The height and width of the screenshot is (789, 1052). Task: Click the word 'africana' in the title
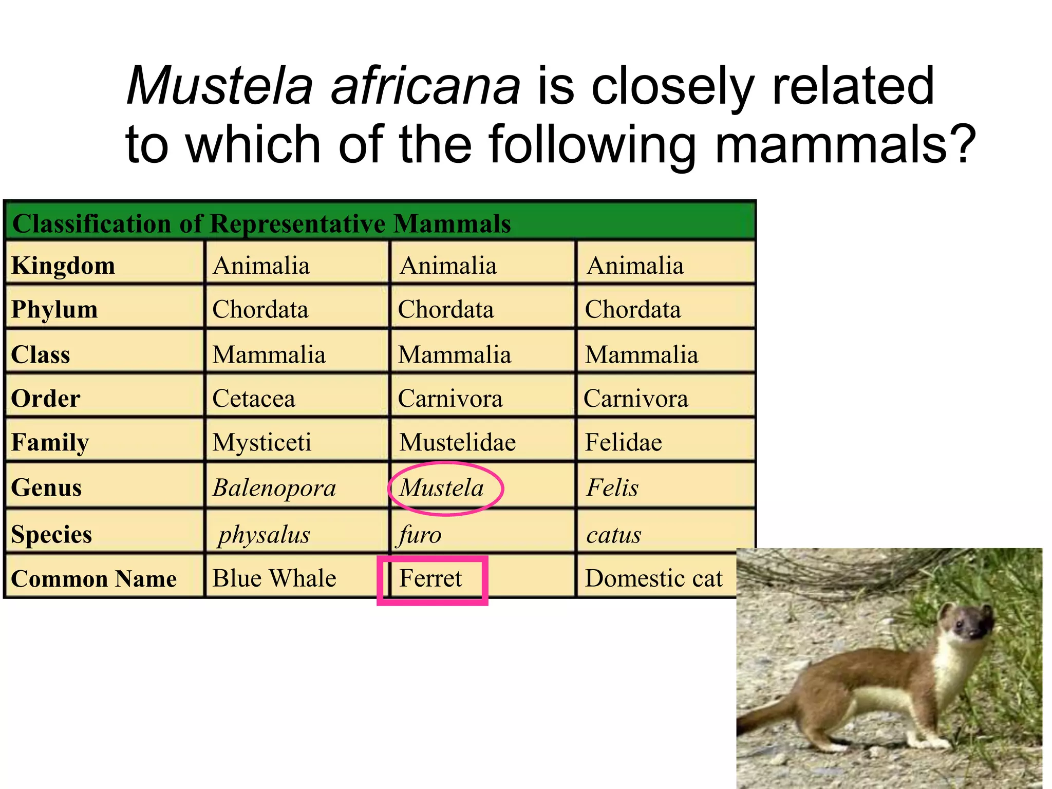point(425,86)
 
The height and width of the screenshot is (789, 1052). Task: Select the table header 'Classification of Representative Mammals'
point(261,224)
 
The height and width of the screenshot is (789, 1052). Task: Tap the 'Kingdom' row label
point(63,266)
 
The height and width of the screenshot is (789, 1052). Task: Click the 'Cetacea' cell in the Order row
point(254,399)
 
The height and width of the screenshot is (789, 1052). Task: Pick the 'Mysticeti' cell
point(262,442)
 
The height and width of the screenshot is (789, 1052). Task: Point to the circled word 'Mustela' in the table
point(442,487)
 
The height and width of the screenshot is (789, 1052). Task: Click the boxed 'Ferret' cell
point(431,578)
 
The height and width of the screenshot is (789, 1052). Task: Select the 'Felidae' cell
point(624,442)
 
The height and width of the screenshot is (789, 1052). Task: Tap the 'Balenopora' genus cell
point(274,487)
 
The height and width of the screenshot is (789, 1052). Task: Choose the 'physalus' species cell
point(264,535)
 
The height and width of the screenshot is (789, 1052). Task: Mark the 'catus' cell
point(614,535)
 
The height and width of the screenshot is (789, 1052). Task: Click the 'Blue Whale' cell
point(274,578)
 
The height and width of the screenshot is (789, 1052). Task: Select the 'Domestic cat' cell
point(653,578)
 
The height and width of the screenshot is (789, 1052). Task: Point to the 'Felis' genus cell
point(613,487)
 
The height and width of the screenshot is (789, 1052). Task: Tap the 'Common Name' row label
point(94,579)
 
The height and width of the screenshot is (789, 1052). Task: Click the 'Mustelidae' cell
point(458,442)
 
